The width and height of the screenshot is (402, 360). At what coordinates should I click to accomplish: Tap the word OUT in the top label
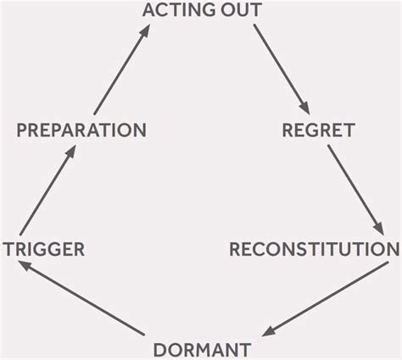(x=237, y=11)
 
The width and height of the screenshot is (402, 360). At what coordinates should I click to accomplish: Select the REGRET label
(x=317, y=130)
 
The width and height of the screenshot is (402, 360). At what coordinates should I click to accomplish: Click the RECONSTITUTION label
(x=314, y=249)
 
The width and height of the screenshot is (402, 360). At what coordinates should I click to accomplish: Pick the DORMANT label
(x=201, y=349)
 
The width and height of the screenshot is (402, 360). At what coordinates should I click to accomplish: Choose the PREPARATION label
(x=81, y=130)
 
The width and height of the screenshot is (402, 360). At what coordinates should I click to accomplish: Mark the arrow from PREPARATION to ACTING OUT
(x=121, y=71)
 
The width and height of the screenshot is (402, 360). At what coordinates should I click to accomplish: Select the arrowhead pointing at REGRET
(x=305, y=111)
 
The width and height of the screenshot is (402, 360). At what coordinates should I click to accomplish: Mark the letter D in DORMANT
(x=160, y=349)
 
